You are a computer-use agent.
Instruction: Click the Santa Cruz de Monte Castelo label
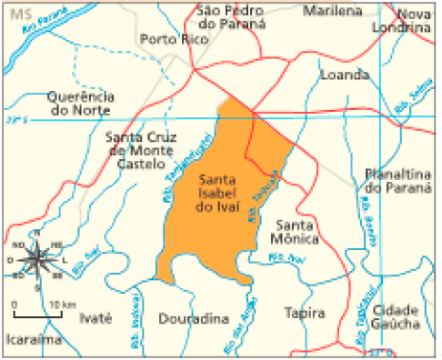[141, 150]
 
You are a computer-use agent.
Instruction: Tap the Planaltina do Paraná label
[396, 179]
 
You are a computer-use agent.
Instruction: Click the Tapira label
[305, 313]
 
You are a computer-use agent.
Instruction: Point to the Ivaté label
[95, 317]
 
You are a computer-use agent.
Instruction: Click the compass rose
[36, 258]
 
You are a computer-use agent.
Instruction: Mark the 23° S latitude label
[16, 119]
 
